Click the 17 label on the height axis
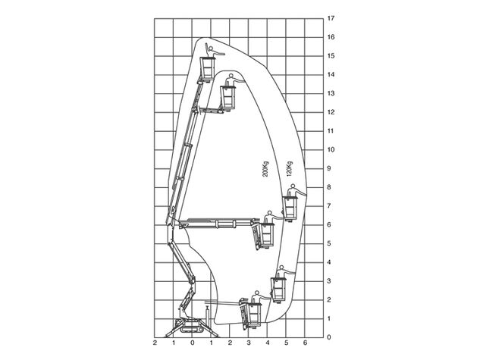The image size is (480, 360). pos(331,18)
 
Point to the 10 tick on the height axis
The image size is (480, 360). pos(331,149)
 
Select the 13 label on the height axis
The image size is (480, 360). pos(331,93)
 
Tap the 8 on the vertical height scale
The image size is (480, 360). pos(329,187)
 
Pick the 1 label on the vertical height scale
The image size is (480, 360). pos(329,319)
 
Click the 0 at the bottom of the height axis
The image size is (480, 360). pos(329,337)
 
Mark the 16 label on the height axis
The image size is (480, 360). pos(331,37)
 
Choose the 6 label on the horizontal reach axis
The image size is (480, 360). pos(305,343)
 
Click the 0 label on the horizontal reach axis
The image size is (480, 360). pos(193,343)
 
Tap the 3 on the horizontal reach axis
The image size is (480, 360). pos(249,343)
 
